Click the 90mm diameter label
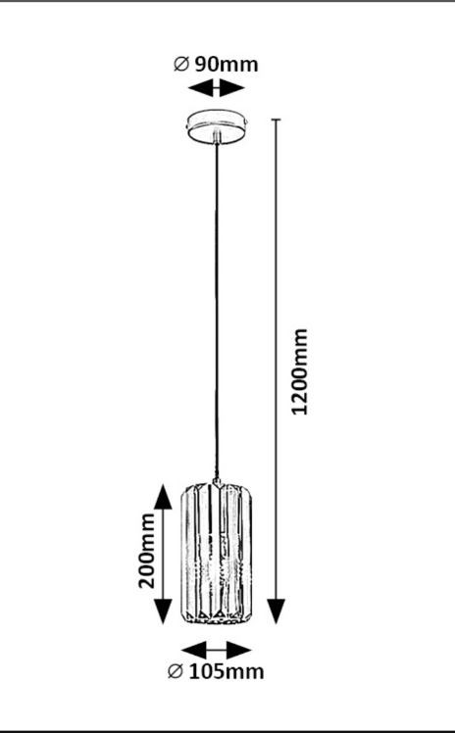click(x=227, y=64)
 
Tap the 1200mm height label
click(x=299, y=371)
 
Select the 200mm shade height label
click(x=147, y=551)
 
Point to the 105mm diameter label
click(x=227, y=672)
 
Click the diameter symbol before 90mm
click(x=181, y=64)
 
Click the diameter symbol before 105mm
click(x=175, y=672)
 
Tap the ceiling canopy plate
click(x=217, y=126)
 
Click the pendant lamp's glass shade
click(x=217, y=554)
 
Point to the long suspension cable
click(x=217, y=311)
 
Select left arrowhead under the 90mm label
click(x=201, y=88)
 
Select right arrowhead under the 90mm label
click(x=232, y=88)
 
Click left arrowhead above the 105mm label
click(x=193, y=651)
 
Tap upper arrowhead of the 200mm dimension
click(x=163, y=498)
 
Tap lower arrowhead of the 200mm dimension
click(x=163, y=611)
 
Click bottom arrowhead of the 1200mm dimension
click(x=277, y=611)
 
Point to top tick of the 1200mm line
click(x=277, y=120)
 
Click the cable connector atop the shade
click(x=217, y=482)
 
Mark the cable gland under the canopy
click(x=216, y=136)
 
